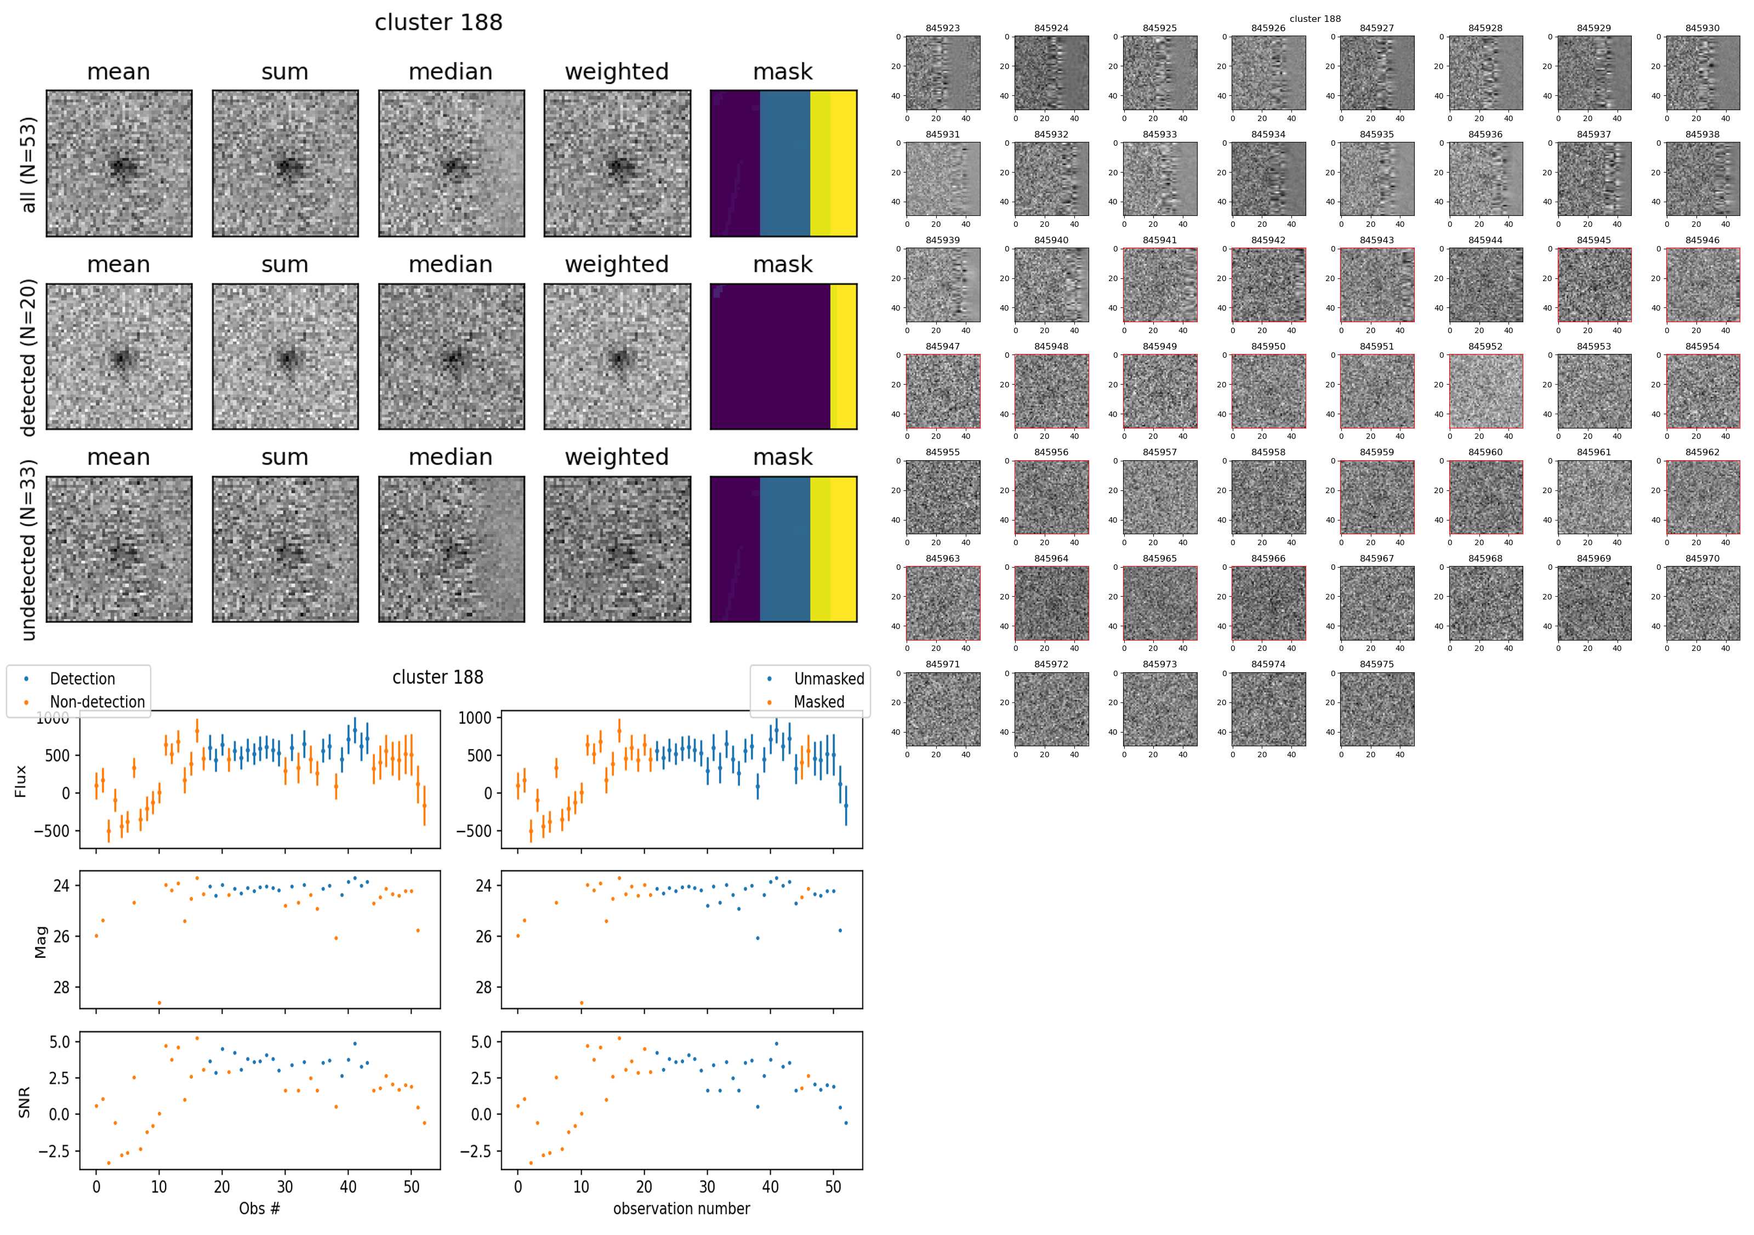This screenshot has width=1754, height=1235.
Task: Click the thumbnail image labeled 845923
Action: click(x=943, y=73)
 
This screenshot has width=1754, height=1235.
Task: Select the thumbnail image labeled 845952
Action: click(x=1485, y=391)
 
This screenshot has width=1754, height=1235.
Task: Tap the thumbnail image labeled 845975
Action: click(x=1376, y=709)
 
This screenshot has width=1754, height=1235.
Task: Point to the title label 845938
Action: click(x=1702, y=134)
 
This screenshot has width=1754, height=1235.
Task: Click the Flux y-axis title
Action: click(x=21, y=781)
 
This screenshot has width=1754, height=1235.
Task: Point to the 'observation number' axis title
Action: click(x=681, y=1208)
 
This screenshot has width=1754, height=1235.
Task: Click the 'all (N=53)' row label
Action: click(x=29, y=164)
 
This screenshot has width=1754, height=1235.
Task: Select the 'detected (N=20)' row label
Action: click(x=29, y=357)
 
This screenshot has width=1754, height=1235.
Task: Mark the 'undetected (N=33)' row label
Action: click(x=29, y=550)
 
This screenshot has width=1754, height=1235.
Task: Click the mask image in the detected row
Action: click(x=783, y=357)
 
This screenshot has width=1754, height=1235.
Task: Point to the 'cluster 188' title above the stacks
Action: click(x=438, y=22)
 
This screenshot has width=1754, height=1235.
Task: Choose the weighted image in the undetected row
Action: click(x=617, y=549)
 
